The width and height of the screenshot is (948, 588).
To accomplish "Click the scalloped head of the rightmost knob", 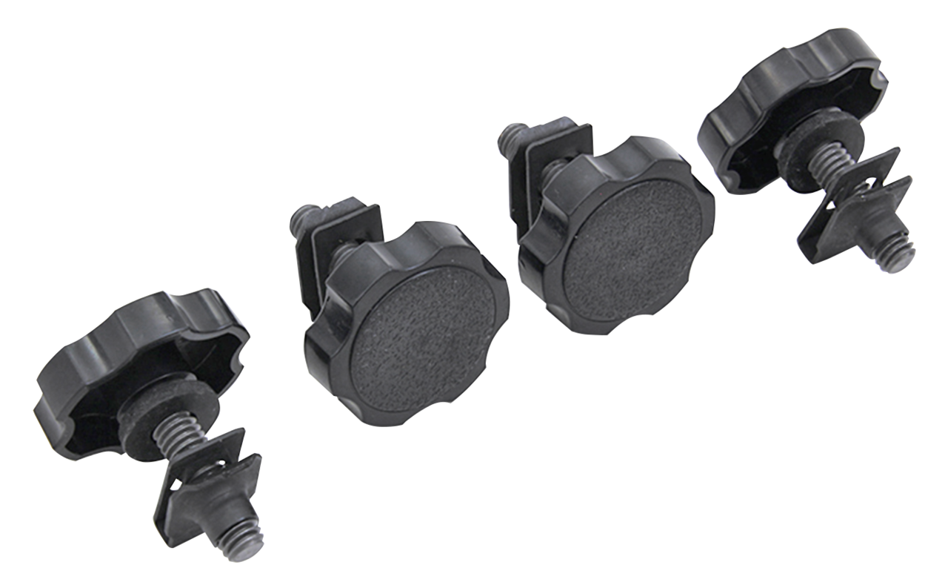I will (785, 96).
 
